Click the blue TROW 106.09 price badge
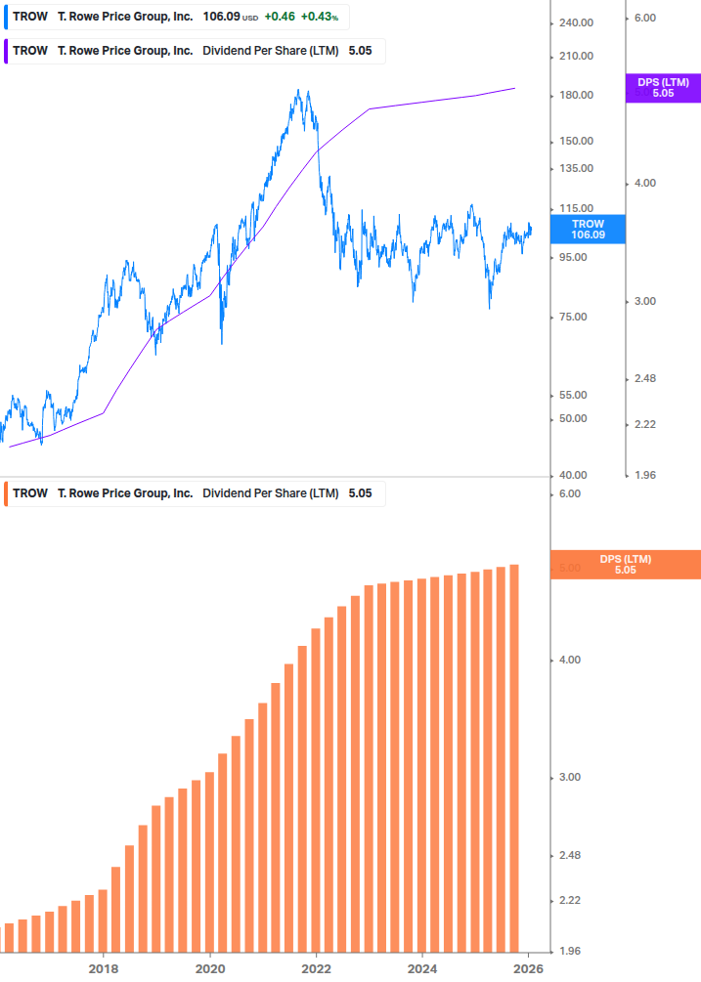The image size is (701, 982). (588, 230)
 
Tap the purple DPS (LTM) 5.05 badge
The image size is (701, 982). (663, 88)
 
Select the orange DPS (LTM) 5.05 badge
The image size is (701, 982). (626, 564)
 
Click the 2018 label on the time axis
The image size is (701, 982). (104, 968)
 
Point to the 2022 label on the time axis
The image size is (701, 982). (316, 968)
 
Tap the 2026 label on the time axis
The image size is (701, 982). (528, 968)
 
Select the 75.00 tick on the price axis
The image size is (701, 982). (577, 317)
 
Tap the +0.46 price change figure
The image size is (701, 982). (280, 17)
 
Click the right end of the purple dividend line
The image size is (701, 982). (515, 88)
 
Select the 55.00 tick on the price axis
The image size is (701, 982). (577, 395)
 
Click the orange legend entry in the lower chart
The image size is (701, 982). (196, 493)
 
